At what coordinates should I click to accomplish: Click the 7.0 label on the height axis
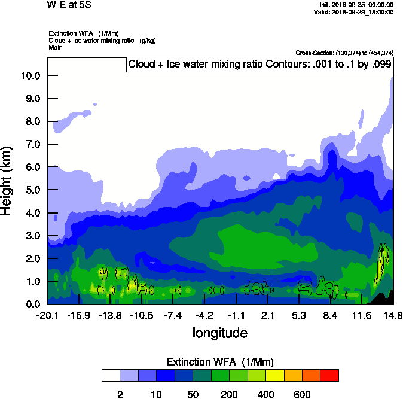29,145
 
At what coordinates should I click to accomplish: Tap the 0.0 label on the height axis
29,304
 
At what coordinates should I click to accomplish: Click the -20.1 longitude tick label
47,315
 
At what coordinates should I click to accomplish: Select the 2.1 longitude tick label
267,315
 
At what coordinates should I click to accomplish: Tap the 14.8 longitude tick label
393,315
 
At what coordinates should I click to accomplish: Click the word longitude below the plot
220,333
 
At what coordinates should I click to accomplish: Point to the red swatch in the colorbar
329,376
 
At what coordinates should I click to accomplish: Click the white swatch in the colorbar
111,376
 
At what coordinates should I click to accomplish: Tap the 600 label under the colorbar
302,394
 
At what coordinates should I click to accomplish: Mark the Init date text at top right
356,5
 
